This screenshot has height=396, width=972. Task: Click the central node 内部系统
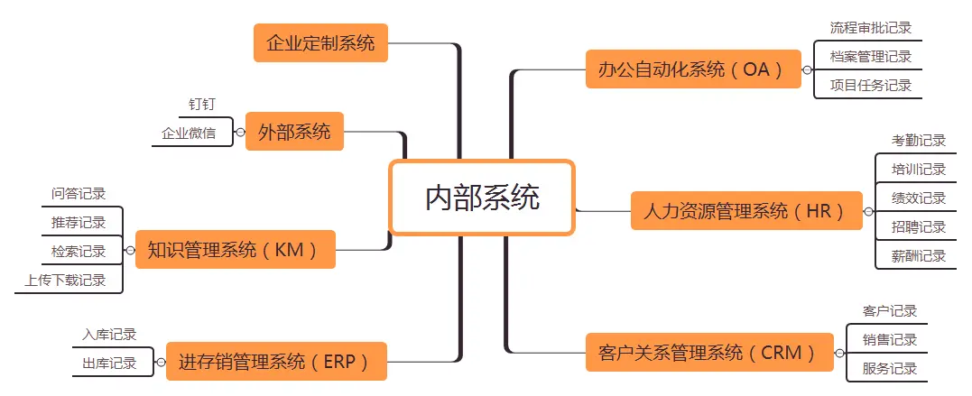(x=482, y=198)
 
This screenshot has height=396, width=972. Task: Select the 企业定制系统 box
(x=320, y=42)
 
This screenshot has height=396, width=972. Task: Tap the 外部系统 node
(x=294, y=132)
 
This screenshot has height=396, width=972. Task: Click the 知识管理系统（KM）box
(x=235, y=249)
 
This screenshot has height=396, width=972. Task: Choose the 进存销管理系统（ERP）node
(x=275, y=361)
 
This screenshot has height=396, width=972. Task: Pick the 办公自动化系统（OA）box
(x=693, y=69)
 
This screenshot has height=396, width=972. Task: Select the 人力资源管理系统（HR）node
(x=746, y=211)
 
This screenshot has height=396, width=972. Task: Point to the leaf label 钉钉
(x=202, y=105)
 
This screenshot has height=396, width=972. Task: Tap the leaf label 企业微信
(x=189, y=134)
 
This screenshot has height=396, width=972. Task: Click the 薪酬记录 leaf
(x=919, y=256)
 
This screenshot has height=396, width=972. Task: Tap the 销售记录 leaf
(x=890, y=340)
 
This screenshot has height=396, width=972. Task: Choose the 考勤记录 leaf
(x=919, y=141)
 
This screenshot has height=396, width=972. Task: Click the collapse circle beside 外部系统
(x=240, y=132)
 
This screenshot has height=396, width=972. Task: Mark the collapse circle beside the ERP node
(x=161, y=363)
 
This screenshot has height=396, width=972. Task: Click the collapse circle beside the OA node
(x=807, y=69)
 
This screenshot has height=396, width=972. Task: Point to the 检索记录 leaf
(x=79, y=251)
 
